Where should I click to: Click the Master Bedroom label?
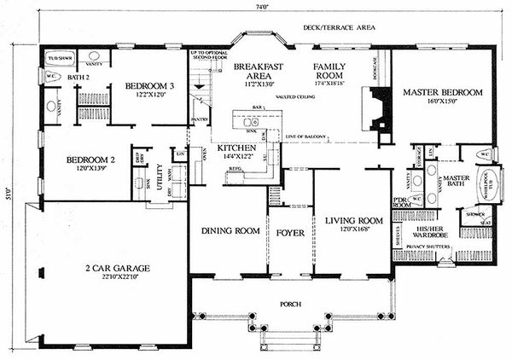click(x=443, y=92)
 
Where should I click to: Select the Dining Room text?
click(x=230, y=230)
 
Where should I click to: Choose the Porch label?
click(x=293, y=304)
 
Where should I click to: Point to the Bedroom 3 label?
click(x=149, y=86)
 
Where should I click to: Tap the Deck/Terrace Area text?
click(x=340, y=27)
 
